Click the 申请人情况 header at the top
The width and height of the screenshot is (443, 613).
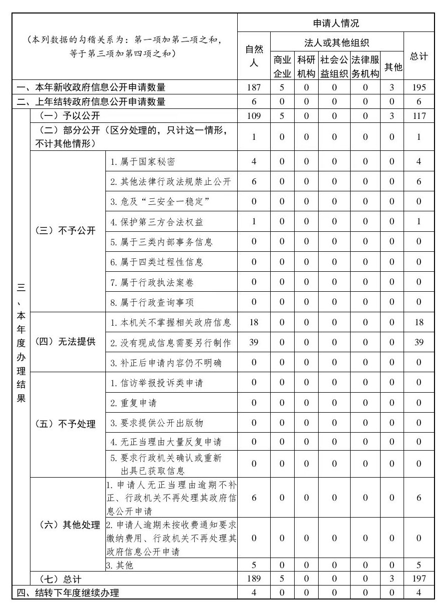click(336, 23)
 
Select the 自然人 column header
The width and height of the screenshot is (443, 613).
click(254, 55)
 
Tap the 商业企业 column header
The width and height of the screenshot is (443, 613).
click(282, 66)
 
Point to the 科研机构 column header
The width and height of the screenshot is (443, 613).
click(306, 66)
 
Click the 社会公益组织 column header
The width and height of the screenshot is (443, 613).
click(334, 66)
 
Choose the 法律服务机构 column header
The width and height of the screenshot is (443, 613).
click(366, 66)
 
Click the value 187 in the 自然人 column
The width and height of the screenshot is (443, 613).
click(254, 87)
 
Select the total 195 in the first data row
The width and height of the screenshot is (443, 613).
click(419, 87)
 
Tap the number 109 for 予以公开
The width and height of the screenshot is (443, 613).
click(254, 116)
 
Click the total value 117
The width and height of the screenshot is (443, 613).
click(419, 116)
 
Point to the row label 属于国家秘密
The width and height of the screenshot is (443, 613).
click(143, 161)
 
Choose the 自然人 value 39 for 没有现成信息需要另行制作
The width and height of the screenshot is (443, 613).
click(254, 342)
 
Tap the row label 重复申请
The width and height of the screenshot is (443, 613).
click(133, 403)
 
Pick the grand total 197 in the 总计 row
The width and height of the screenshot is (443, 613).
click(419, 579)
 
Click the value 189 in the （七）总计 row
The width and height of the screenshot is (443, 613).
click(254, 579)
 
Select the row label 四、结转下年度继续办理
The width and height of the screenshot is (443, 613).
click(68, 593)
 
